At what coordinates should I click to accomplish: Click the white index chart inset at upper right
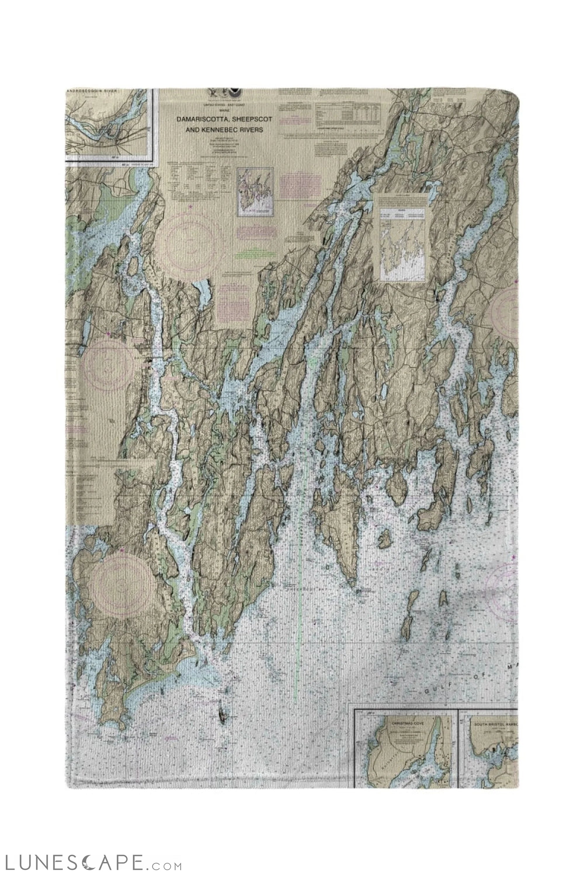coord(403,237)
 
